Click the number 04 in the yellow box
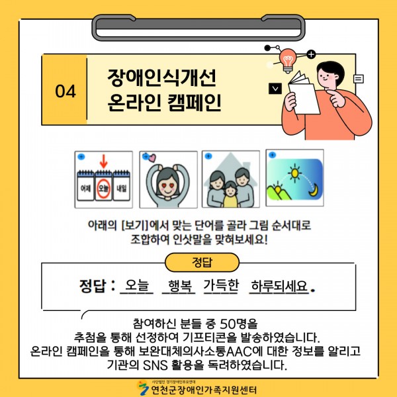click(x=66, y=91)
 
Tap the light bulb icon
click(x=288, y=60)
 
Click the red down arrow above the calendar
click(x=103, y=161)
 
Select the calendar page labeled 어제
click(x=85, y=186)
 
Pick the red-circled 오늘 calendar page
click(x=103, y=186)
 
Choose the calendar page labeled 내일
click(x=122, y=186)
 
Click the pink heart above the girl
click(x=152, y=158)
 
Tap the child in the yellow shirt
click(x=230, y=194)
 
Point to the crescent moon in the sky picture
click(x=314, y=191)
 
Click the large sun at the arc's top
click(x=294, y=173)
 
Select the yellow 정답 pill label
click(x=202, y=262)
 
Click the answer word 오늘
click(x=137, y=285)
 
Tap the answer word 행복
click(x=179, y=286)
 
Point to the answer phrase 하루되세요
click(x=279, y=286)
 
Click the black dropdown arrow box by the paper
click(x=275, y=89)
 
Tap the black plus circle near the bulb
click(x=311, y=54)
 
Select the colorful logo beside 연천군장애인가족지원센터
click(x=143, y=388)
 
